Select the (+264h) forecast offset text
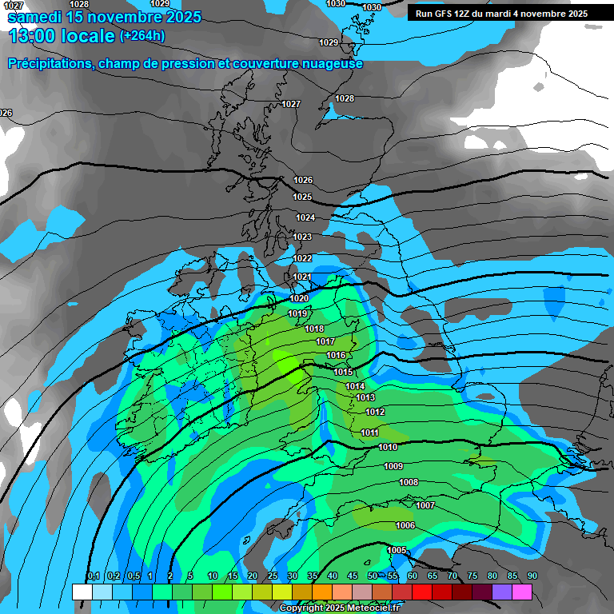[142, 35]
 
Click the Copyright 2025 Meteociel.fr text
[341, 608]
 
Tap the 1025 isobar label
[302, 197]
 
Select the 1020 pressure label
[299, 298]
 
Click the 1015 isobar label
[344, 372]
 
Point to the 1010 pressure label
[389, 447]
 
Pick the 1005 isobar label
[397, 550]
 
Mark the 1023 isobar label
[302, 237]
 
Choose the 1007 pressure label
[425, 505]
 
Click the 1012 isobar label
[375, 412]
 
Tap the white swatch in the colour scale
[82, 592]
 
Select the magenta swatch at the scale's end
[522, 592]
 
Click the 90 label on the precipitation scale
[532, 576]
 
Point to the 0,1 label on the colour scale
[94, 576]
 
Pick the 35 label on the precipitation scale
[313, 576]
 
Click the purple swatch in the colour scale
[502, 592]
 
